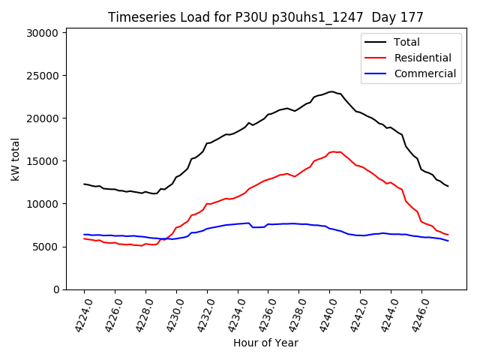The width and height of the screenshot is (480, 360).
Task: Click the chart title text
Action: click(x=265, y=17)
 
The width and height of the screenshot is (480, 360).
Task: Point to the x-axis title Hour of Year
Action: click(x=265, y=343)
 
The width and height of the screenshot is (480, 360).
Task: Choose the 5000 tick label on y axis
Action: click(x=45, y=247)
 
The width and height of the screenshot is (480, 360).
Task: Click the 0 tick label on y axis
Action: click(x=56, y=289)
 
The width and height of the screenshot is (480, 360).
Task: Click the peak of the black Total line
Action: click(x=331, y=91)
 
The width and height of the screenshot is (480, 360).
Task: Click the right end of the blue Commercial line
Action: click(x=448, y=241)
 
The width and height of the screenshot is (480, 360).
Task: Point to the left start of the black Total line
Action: click(x=84, y=184)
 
